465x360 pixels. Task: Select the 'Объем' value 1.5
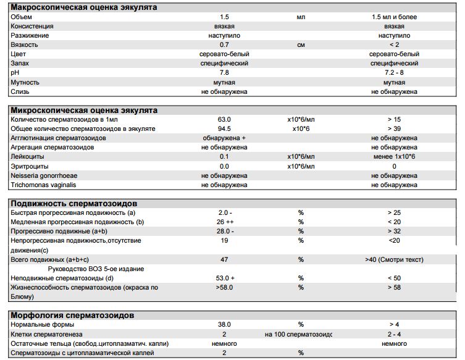tap(224, 17)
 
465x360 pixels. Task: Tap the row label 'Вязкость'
tap(25, 45)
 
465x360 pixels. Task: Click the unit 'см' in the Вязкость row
tap(301, 45)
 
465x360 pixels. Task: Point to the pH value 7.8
tap(224, 73)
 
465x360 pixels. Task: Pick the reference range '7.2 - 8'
tap(394, 73)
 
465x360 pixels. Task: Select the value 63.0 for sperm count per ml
tap(224, 120)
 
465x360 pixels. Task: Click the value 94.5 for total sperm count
tap(224, 129)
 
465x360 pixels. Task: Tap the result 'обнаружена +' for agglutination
tap(224, 138)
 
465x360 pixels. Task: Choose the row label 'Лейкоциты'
tap(27, 157)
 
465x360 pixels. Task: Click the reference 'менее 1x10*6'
tap(394, 157)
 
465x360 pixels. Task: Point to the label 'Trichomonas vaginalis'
tap(43, 185)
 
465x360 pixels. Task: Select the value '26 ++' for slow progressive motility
tap(224, 222)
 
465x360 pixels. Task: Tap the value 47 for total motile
tap(224, 259)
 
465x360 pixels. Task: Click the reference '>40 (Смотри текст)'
tap(394, 259)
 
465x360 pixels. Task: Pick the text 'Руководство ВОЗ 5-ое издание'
tap(96, 269)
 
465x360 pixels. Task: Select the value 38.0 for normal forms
tap(224, 325)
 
